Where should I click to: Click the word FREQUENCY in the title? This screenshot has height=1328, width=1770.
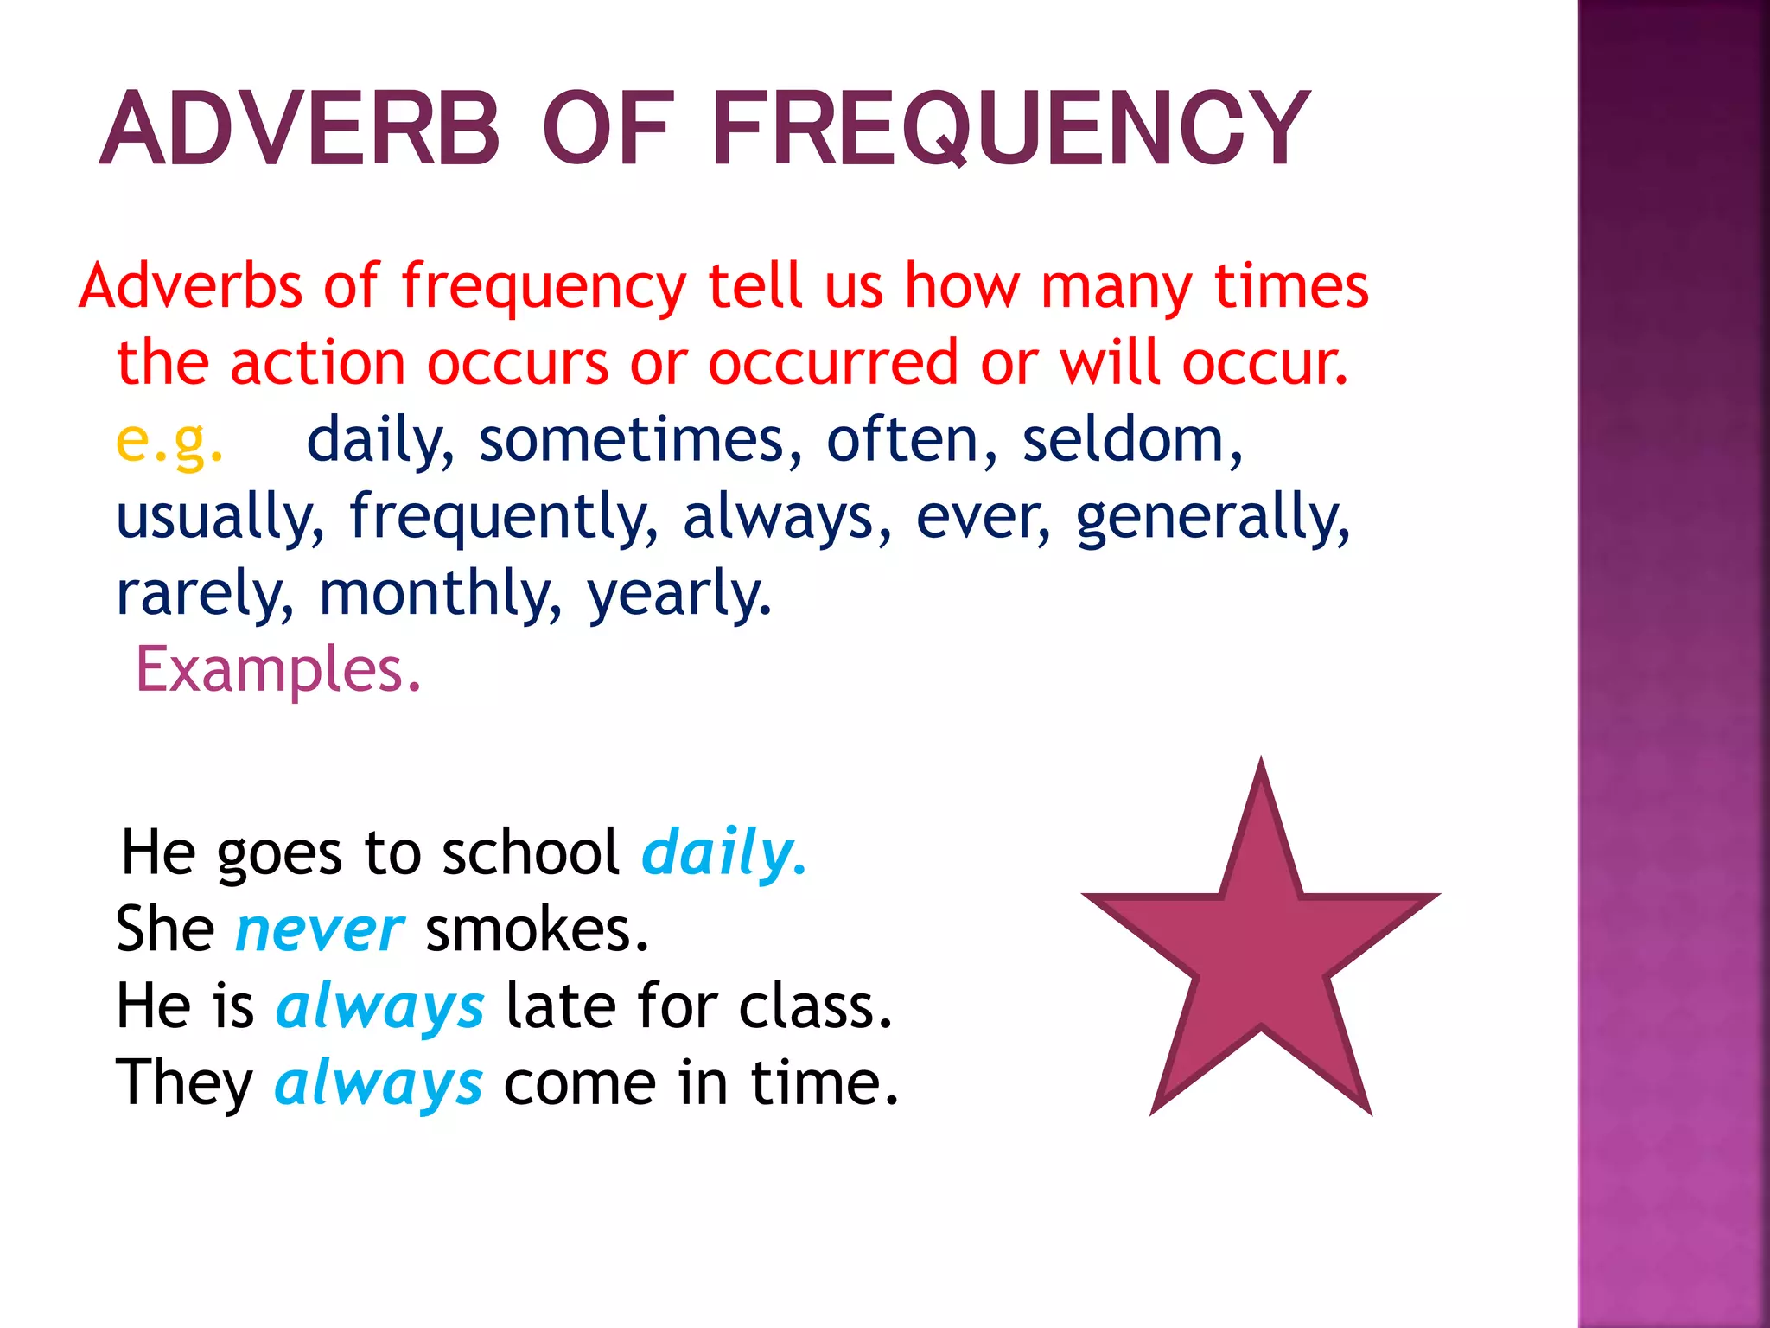[1009, 130]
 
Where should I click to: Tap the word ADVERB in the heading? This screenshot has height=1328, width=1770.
[300, 130]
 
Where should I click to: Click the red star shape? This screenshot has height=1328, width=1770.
[1260, 951]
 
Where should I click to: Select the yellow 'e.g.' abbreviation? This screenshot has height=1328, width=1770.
[169, 441]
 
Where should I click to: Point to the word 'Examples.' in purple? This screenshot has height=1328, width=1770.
[278, 669]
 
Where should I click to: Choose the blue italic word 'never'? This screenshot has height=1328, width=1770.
[319, 930]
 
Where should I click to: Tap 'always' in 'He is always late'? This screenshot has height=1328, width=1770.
[379, 1007]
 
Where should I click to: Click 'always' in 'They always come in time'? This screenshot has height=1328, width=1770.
[379, 1083]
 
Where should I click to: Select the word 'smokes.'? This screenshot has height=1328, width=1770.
[537, 930]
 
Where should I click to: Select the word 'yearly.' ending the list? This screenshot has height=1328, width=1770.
[679, 594]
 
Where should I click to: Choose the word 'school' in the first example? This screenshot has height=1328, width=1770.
[531, 853]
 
